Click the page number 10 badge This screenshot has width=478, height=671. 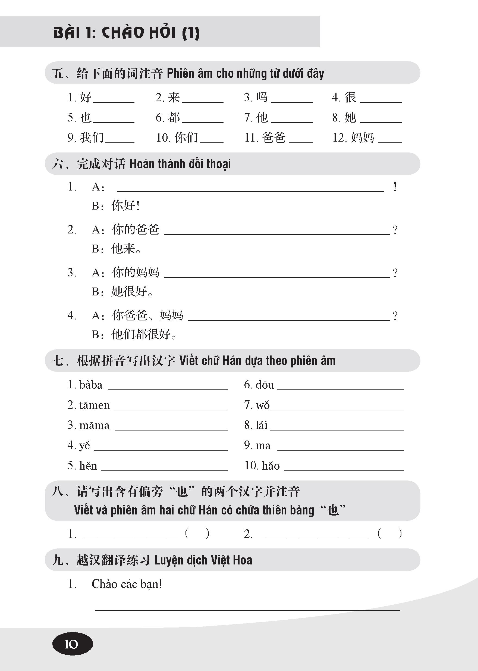tap(73, 644)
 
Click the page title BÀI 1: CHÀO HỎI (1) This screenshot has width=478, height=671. tap(127, 33)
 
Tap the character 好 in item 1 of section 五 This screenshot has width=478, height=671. tap(86, 97)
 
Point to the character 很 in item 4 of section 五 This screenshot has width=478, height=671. tap(351, 97)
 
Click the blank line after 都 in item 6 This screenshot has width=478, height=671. tap(203, 121)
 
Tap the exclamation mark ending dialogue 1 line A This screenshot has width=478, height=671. tap(395, 187)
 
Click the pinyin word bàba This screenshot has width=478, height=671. tap(91, 385)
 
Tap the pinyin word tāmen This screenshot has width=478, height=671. tap(95, 405)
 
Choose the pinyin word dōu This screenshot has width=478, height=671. tap(265, 385)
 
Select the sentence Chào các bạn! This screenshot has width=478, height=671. tap(127, 584)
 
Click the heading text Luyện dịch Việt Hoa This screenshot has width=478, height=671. tap(203, 560)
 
